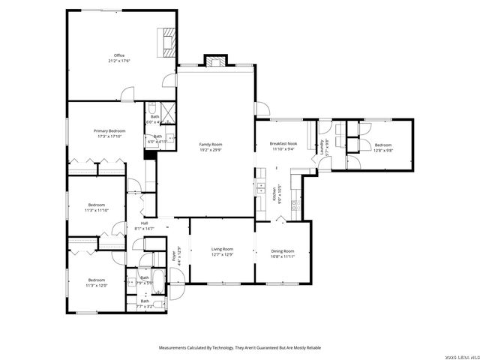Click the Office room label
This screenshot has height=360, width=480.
[118, 55]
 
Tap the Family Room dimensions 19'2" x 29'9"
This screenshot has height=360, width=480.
[211, 150]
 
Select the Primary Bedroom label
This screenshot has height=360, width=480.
[109, 131]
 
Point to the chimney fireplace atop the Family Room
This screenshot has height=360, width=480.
[216, 61]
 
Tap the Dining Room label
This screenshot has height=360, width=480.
[282, 251]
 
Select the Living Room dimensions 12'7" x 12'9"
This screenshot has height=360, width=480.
[221, 255]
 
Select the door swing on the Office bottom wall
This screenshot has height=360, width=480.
[128, 94]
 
